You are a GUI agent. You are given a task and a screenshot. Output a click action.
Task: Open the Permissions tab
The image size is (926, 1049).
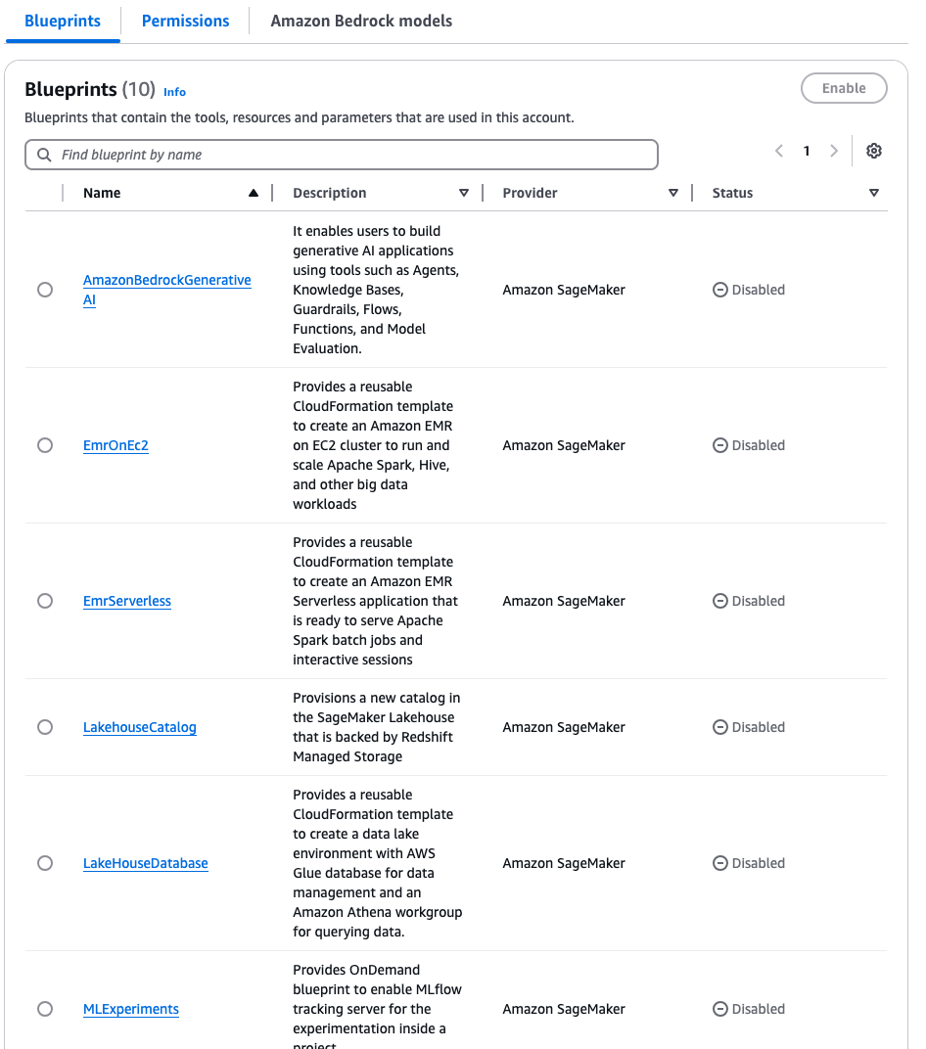(185, 21)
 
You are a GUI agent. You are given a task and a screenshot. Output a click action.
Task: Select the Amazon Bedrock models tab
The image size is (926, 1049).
(361, 21)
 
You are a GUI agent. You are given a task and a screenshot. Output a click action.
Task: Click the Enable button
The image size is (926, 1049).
(844, 88)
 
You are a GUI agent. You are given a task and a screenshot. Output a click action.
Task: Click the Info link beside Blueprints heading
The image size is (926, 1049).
(174, 92)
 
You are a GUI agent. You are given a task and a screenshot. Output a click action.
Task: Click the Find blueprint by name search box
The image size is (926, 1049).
(342, 155)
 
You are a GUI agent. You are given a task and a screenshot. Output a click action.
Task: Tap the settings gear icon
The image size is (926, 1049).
(874, 151)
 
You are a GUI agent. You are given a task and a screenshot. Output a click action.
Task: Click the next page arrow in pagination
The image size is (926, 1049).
(834, 151)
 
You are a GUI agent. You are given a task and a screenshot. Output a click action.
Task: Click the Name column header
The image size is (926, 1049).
(102, 193)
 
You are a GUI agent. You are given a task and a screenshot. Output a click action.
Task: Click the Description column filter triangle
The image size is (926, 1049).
(464, 193)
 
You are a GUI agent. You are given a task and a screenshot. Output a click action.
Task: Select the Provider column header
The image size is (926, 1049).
(530, 193)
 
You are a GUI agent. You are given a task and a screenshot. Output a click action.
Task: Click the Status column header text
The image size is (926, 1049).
(732, 193)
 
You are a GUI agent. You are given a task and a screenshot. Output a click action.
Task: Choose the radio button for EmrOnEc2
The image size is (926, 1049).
(45, 445)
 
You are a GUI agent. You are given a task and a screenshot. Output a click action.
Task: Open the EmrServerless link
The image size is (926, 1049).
(127, 601)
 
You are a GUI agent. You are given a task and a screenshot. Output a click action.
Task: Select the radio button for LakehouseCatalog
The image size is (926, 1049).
(45, 727)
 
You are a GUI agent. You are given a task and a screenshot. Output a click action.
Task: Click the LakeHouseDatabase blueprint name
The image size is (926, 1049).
(146, 863)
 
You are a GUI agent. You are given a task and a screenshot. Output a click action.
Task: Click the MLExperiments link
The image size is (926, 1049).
(131, 1009)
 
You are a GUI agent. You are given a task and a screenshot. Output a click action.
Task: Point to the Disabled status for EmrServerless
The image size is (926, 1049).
(749, 601)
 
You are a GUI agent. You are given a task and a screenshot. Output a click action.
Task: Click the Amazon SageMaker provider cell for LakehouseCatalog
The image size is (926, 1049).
(564, 727)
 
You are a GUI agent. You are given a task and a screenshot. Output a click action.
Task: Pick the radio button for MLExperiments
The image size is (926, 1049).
(45, 1009)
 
